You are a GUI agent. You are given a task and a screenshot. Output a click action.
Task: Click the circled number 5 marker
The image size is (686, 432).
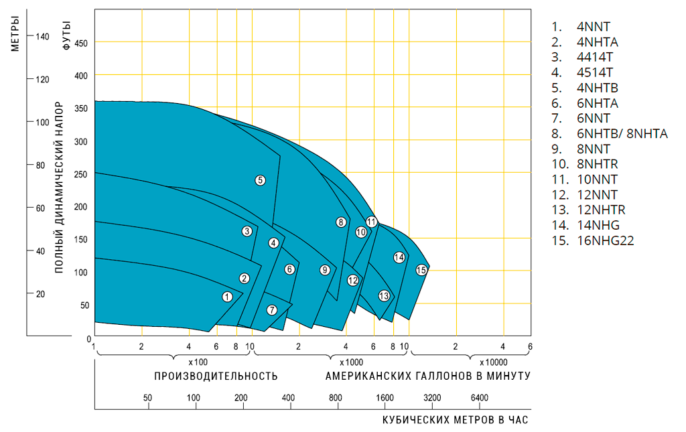[x=260, y=179]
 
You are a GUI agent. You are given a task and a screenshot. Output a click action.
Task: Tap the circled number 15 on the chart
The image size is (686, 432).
[x=421, y=270]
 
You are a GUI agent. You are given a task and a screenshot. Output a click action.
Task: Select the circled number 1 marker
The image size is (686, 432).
[x=227, y=296]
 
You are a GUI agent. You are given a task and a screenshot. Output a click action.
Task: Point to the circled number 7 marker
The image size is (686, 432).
[x=271, y=309]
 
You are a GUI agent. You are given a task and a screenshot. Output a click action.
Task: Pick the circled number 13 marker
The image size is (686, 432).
[x=384, y=295]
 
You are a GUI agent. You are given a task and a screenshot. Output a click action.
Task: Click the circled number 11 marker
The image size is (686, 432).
[x=371, y=221]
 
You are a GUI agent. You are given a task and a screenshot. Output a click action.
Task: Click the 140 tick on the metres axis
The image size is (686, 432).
[x=42, y=36]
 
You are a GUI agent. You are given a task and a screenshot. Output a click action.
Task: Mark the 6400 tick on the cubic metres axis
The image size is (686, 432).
[x=480, y=399]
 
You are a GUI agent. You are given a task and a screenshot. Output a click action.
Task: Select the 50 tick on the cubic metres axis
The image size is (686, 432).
[x=147, y=399]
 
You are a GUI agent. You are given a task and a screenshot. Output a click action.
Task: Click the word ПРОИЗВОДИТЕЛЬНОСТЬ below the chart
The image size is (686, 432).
[x=216, y=376]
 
